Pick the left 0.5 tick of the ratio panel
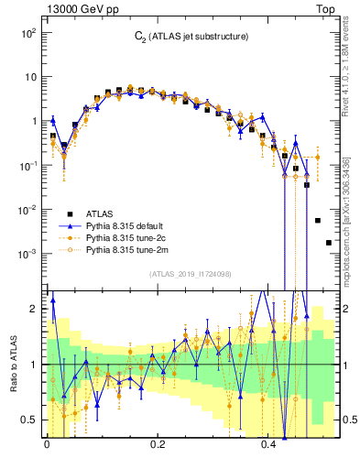click(30, 420)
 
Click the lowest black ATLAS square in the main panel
click(328, 243)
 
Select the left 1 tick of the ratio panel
click(33, 365)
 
